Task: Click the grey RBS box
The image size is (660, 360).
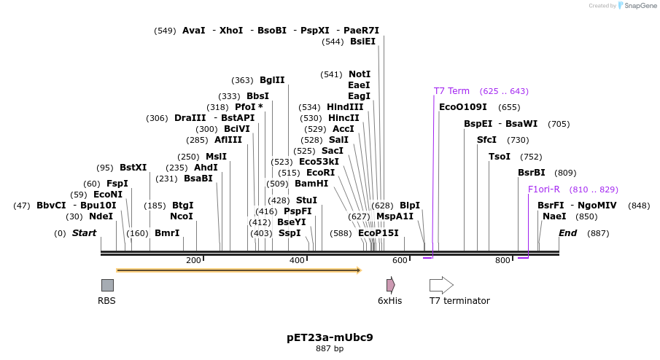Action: click(107, 285)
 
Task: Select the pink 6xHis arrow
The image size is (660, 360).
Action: click(391, 285)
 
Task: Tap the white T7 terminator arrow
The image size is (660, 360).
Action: click(441, 285)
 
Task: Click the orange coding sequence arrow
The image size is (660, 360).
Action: click(238, 270)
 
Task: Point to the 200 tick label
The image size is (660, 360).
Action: click(193, 261)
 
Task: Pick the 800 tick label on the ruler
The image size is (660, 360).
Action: click(503, 261)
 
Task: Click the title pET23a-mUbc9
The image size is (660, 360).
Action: click(330, 337)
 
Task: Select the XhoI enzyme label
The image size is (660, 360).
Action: click(231, 31)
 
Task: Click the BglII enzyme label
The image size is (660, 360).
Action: click(272, 80)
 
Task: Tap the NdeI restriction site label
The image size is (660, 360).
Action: click(101, 216)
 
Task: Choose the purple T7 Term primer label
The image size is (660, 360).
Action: click(451, 91)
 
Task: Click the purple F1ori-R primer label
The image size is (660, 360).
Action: click(544, 189)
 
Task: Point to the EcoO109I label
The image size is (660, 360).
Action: click(463, 107)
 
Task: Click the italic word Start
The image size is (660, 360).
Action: click(84, 233)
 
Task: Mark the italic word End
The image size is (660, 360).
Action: click(568, 233)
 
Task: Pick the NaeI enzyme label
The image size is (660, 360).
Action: click(554, 216)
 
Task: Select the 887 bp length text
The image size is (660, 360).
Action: click(330, 349)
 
